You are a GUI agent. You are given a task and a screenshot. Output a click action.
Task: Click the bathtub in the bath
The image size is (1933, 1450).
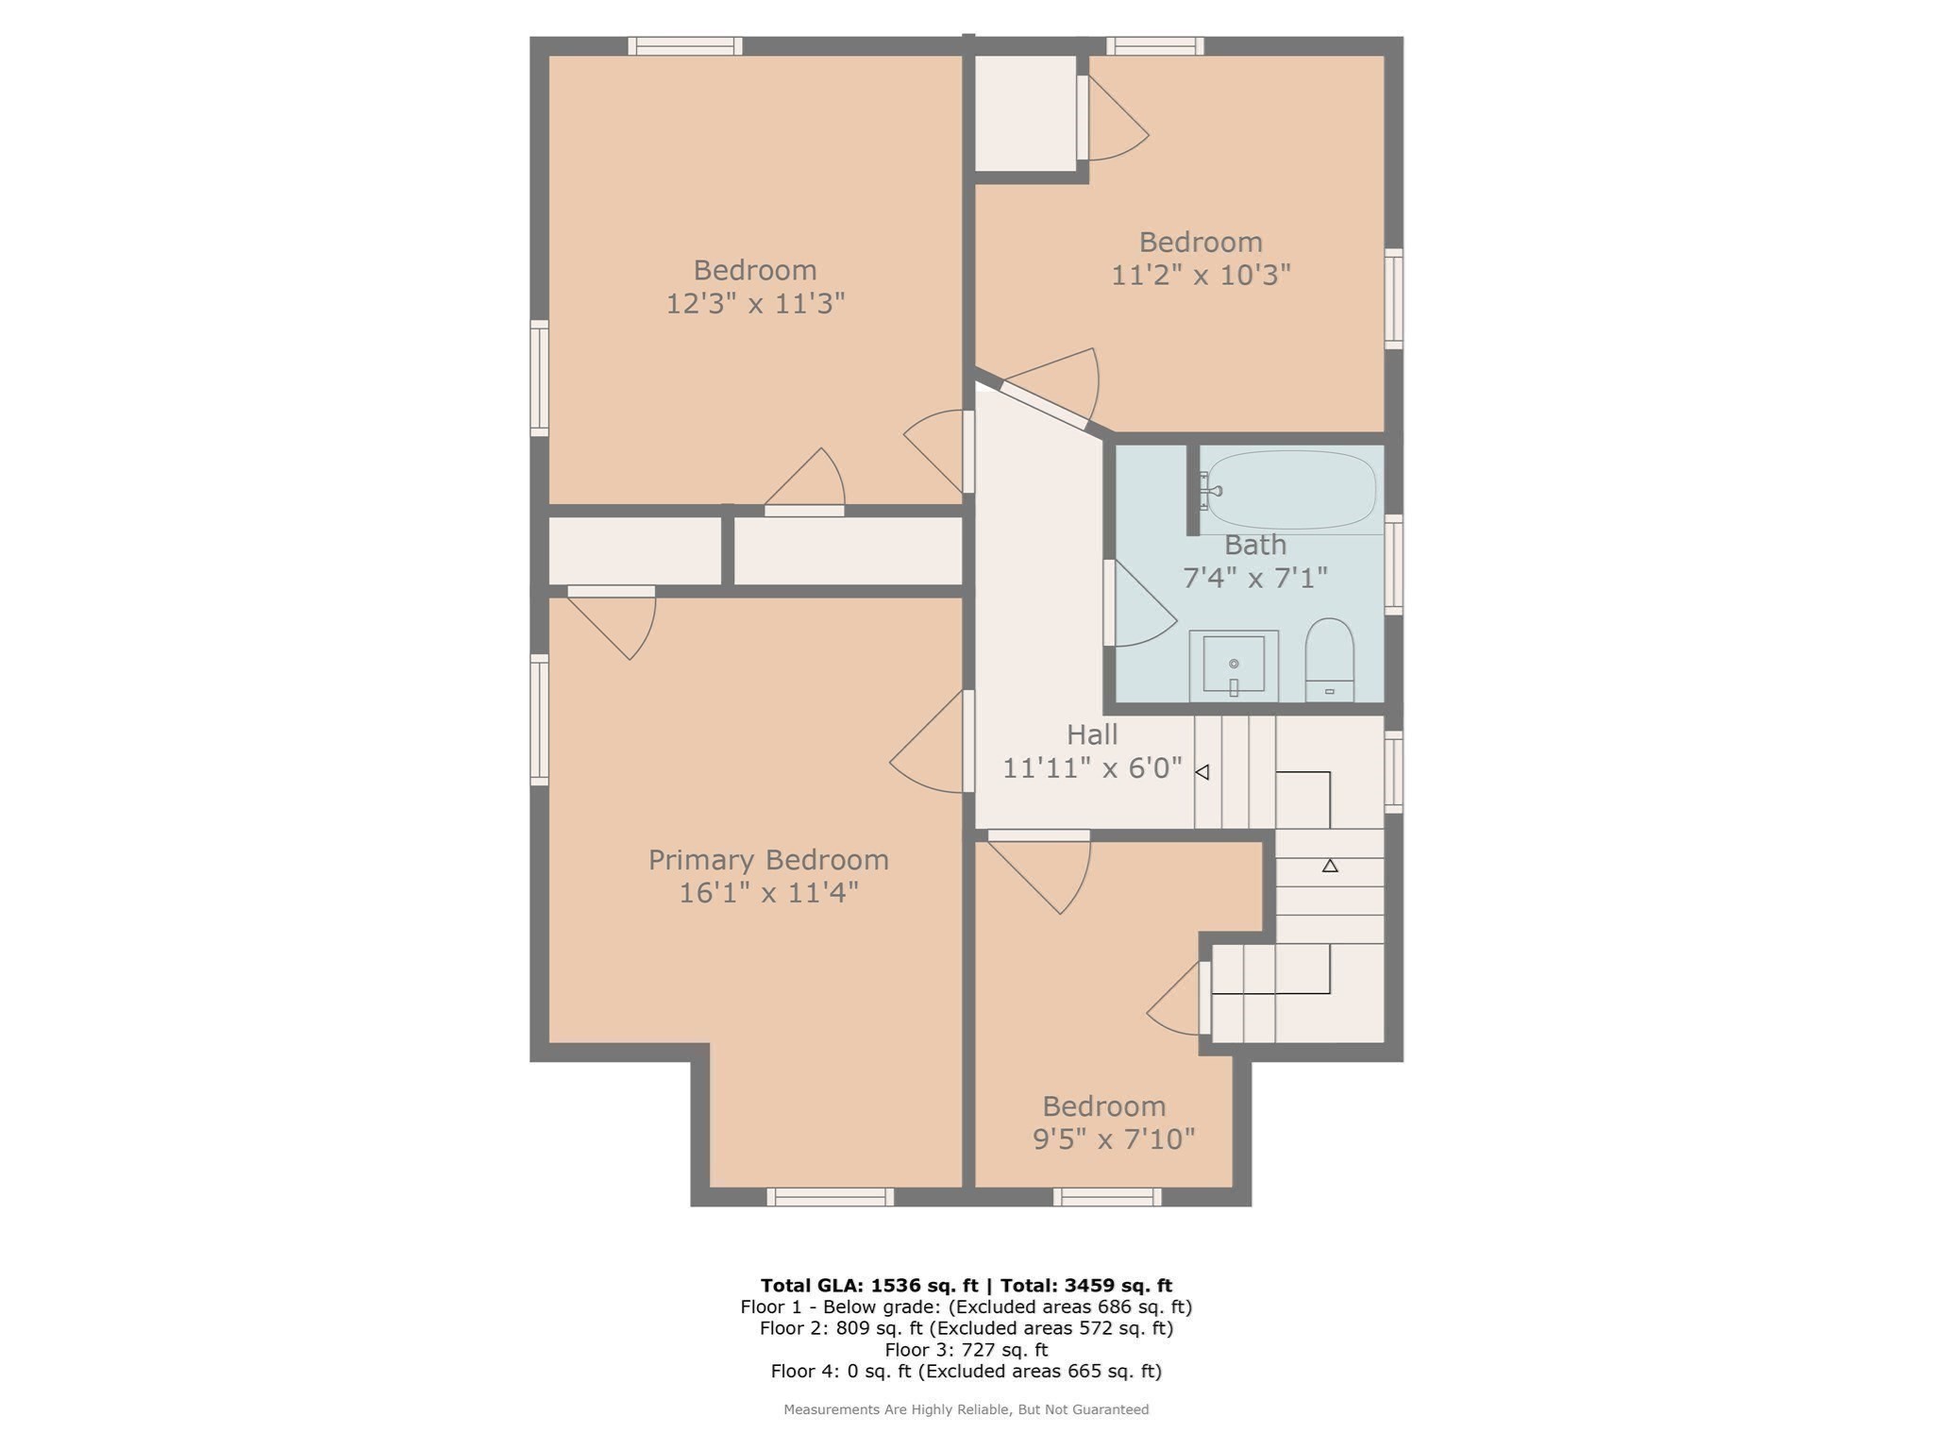[x=1291, y=490]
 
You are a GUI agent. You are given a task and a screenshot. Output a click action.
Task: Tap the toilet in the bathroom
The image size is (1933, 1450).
[x=1329, y=659]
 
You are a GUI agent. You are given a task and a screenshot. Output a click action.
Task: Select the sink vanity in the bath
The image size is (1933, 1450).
[x=1233, y=666]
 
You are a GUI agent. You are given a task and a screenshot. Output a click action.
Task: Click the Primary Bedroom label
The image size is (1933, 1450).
[x=768, y=860]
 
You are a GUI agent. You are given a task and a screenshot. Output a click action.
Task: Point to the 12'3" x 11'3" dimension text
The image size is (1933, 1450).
[x=755, y=304]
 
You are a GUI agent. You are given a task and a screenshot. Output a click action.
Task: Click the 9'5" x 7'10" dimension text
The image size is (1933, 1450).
[x=1114, y=1139]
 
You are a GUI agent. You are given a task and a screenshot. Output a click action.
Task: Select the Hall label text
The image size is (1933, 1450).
[x=1092, y=734]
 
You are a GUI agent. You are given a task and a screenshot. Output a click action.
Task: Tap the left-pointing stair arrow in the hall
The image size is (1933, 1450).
[x=1202, y=772]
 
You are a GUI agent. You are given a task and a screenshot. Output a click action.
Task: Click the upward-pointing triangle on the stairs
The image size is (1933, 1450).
[x=1330, y=865]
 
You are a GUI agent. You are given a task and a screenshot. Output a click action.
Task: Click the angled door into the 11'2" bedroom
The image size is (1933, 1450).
[x=1044, y=405]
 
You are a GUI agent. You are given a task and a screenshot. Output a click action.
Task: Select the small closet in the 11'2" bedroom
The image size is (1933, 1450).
[x=1025, y=113]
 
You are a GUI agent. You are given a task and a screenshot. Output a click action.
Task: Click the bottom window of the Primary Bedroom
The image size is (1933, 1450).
[x=831, y=1197]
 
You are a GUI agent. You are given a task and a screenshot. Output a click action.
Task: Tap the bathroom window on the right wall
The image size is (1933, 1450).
[x=1393, y=565]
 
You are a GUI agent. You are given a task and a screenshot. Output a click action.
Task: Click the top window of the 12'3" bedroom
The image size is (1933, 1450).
[x=685, y=46]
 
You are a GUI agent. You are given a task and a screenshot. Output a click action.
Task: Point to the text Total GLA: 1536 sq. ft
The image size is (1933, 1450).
[x=869, y=1285]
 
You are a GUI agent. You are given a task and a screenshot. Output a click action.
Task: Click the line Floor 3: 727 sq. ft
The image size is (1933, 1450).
[x=966, y=1350]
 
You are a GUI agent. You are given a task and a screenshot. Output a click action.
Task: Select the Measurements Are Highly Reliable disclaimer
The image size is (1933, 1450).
[x=966, y=1409]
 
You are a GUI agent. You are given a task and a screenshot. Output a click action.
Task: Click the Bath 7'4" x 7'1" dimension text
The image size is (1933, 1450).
[x=1254, y=578]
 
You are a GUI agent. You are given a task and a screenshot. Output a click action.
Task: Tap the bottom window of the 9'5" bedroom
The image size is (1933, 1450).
[x=1107, y=1197]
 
